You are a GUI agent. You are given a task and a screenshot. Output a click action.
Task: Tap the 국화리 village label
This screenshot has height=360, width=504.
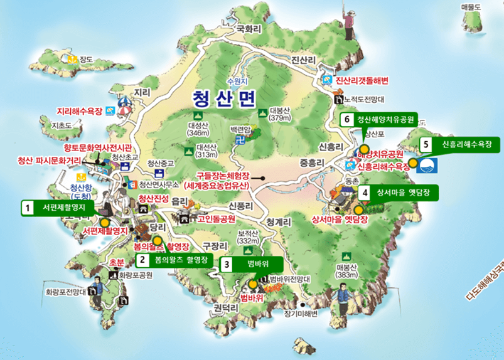pyautogui.click(x=248, y=28)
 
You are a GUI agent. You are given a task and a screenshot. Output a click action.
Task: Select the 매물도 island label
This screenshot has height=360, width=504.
pyautogui.click(x=470, y=7)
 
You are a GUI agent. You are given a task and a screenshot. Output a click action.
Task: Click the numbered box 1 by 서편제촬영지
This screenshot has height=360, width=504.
pyautogui.click(x=28, y=206)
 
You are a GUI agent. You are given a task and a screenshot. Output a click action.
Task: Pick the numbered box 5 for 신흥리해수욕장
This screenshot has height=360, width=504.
pyautogui.click(x=427, y=144)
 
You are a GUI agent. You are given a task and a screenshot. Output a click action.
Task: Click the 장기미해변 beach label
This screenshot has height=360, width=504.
pyautogui.click(x=301, y=313)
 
